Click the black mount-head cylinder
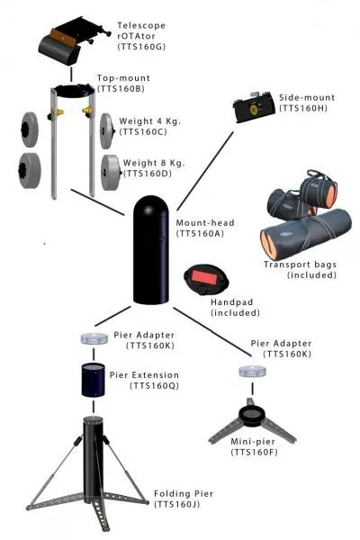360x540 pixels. [151, 250]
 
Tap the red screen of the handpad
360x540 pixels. [203, 277]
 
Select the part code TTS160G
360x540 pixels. [141, 47]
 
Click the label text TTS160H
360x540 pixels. [303, 108]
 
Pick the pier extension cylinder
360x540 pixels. [93, 379]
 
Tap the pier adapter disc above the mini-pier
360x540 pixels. [253, 372]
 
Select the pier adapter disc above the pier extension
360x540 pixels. [94, 338]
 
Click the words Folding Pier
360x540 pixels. [184, 493]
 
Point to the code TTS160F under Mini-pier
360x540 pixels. [254, 452]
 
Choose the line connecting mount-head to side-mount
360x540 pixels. [205, 171]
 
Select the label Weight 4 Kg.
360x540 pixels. [150, 121]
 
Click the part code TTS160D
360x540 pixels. [148, 174]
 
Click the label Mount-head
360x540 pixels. [205, 223]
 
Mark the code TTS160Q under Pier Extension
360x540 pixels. [154, 386]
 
